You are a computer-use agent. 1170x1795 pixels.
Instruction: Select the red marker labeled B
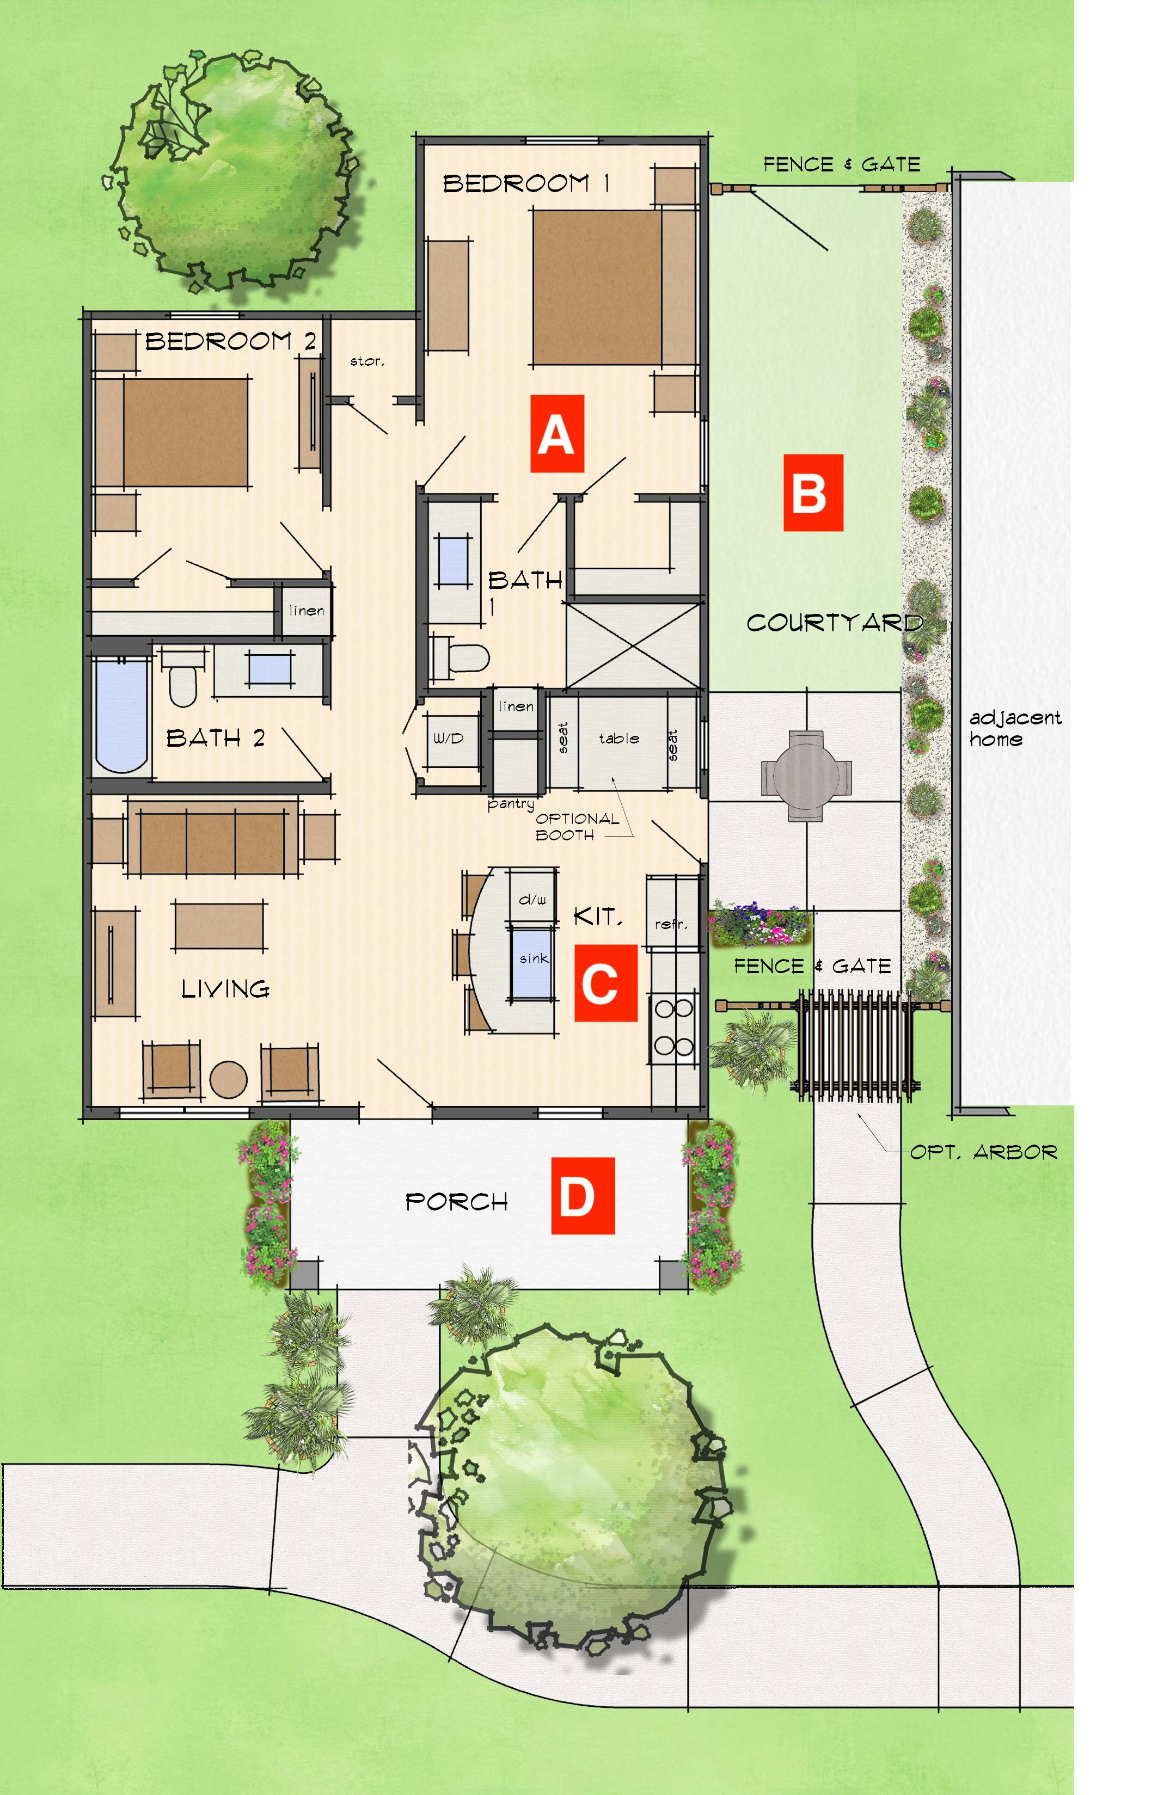pyautogui.click(x=812, y=493)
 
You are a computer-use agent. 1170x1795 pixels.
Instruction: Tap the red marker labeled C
pyautogui.click(x=605, y=983)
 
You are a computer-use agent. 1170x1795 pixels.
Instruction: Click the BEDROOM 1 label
pyautogui.click(x=526, y=183)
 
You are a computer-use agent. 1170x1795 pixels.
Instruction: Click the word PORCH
pyautogui.click(x=456, y=1201)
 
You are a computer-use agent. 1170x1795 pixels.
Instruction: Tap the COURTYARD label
pyautogui.click(x=834, y=623)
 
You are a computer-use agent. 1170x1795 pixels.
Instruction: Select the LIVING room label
pyautogui.click(x=225, y=988)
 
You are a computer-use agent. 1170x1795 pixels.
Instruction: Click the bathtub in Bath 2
pyautogui.click(x=121, y=714)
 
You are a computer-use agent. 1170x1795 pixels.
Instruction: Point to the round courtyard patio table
pyautogui.click(x=806, y=774)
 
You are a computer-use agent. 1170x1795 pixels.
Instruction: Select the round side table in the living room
pyautogui.click(x=228, y=1079)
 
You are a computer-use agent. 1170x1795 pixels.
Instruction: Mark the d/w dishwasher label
pyautogui.click(x=532, y=899)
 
